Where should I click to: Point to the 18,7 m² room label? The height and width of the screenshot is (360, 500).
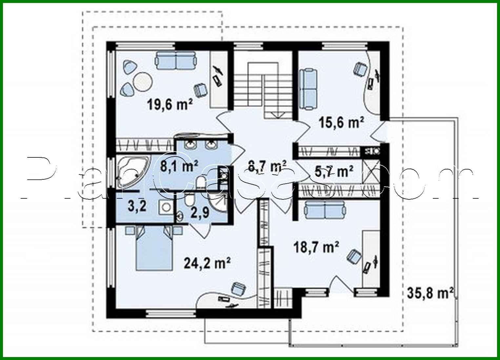pos(315,247)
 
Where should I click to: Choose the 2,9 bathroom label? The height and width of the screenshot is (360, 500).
pos(199,212)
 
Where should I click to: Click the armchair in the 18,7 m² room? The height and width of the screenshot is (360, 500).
pos(353,256)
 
